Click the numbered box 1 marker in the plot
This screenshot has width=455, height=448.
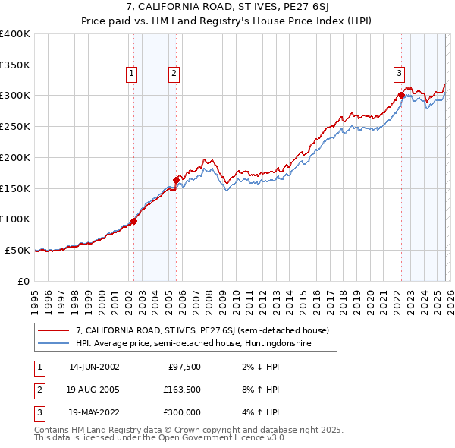pos(132,74)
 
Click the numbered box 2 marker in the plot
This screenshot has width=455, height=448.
pos(174,74)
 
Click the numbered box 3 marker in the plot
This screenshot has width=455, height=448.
pos(398,74)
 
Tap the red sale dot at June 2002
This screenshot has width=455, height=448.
pos(133,221)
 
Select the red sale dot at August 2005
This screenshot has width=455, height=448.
pos(176,180)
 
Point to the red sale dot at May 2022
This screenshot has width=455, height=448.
pos(400,96)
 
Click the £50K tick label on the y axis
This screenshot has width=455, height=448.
pos(17,250)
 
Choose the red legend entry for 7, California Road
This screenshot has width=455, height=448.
pos(202,330)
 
